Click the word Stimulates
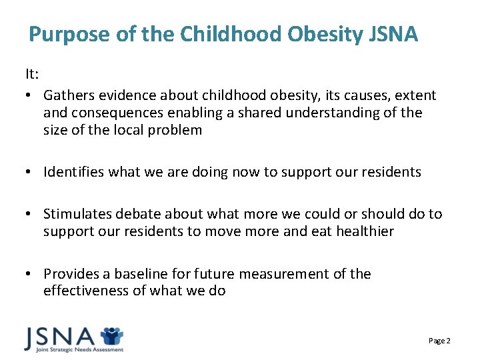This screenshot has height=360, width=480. click(77, 214)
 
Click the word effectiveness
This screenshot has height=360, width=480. click(85, 291)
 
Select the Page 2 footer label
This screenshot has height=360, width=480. click(439, 341)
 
